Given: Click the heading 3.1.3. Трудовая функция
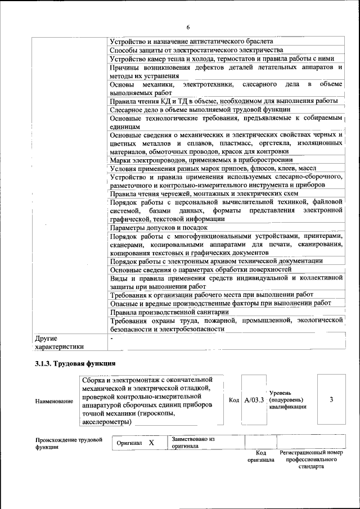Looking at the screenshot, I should tap(75, 363).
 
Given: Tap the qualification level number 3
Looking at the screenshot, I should tap(331, 400).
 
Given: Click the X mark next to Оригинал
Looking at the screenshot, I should tap(151, 443).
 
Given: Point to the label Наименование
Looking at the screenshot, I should tap(54, 401).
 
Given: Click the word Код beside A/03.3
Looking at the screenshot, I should tap(234, 400).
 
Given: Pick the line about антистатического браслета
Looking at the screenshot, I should tap(192, 42).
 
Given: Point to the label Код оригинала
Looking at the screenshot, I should tap(260, 456).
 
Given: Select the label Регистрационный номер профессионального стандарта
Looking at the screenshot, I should tap(310, 460).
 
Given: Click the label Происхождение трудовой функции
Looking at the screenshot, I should tap(69, 443).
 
